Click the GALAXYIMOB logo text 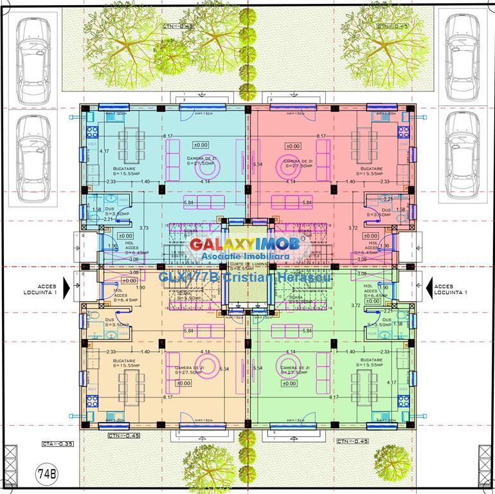pos(244,245)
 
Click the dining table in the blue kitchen pos(131,144)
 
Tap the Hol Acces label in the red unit pos(372,247)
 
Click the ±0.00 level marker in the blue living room pos(201,145)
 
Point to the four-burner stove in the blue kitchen pos(91,133)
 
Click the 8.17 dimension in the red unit pos(321,136)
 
